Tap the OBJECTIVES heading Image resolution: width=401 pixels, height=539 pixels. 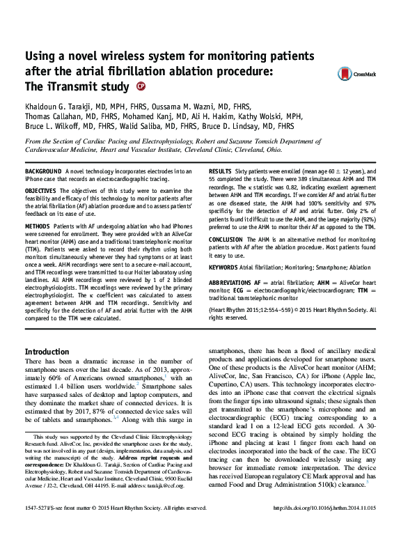click(42, 189)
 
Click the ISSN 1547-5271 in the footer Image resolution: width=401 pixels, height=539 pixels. click(38, 528)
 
